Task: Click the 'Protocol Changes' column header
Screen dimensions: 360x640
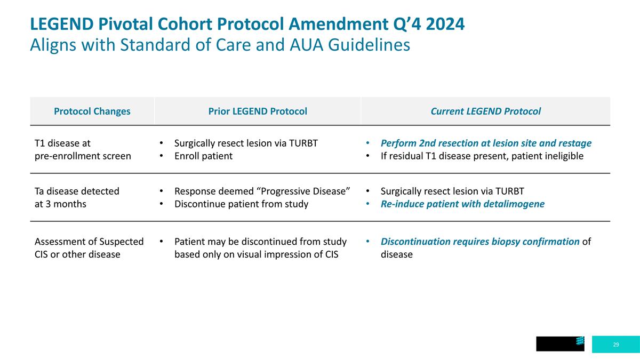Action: point(92,111)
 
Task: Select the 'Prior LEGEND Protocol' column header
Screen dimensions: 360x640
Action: point(257,111)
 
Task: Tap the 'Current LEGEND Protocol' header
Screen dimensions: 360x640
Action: point(485,111)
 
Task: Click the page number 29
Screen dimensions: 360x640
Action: point(616,345)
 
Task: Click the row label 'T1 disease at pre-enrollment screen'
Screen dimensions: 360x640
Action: point(82,150)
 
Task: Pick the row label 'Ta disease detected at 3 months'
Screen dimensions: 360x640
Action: point(76,197)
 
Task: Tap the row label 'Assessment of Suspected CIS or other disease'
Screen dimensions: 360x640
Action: point(89,248)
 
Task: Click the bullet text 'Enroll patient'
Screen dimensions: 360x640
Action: point(203,156)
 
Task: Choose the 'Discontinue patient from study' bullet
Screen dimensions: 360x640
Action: point(241,204)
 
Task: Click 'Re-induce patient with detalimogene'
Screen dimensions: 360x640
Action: point(462,204)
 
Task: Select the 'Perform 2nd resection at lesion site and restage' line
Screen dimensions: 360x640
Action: point(486,143)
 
